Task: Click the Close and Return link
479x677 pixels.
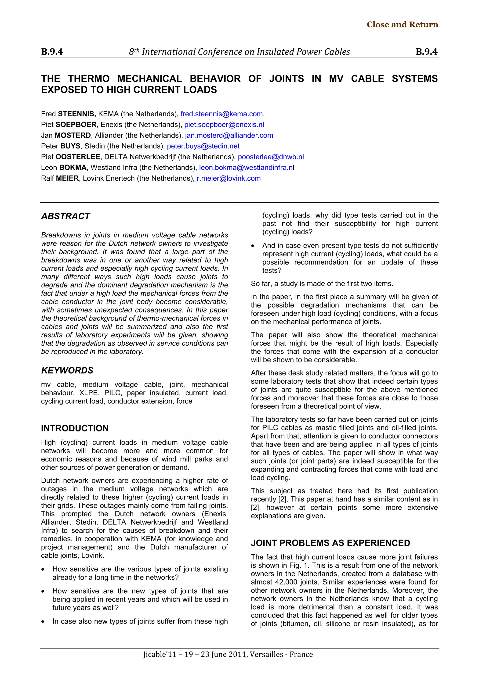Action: (x=402, y=25)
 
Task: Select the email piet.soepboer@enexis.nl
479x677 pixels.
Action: (x=224, y=125)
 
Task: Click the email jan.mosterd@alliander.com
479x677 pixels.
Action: (x=229, y=135)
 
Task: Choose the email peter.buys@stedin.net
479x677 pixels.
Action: (x=203, y=146)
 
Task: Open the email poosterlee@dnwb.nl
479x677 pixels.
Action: (x=271, y=157)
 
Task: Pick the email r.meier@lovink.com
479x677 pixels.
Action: (x=229, y=178)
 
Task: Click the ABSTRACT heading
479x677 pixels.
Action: (x=65, y=216)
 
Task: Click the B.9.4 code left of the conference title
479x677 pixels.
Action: (x=52, y=52)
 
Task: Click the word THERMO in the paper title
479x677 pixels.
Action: (x=89, y=79)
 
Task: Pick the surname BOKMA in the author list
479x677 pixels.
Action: (x=73, y=168)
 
